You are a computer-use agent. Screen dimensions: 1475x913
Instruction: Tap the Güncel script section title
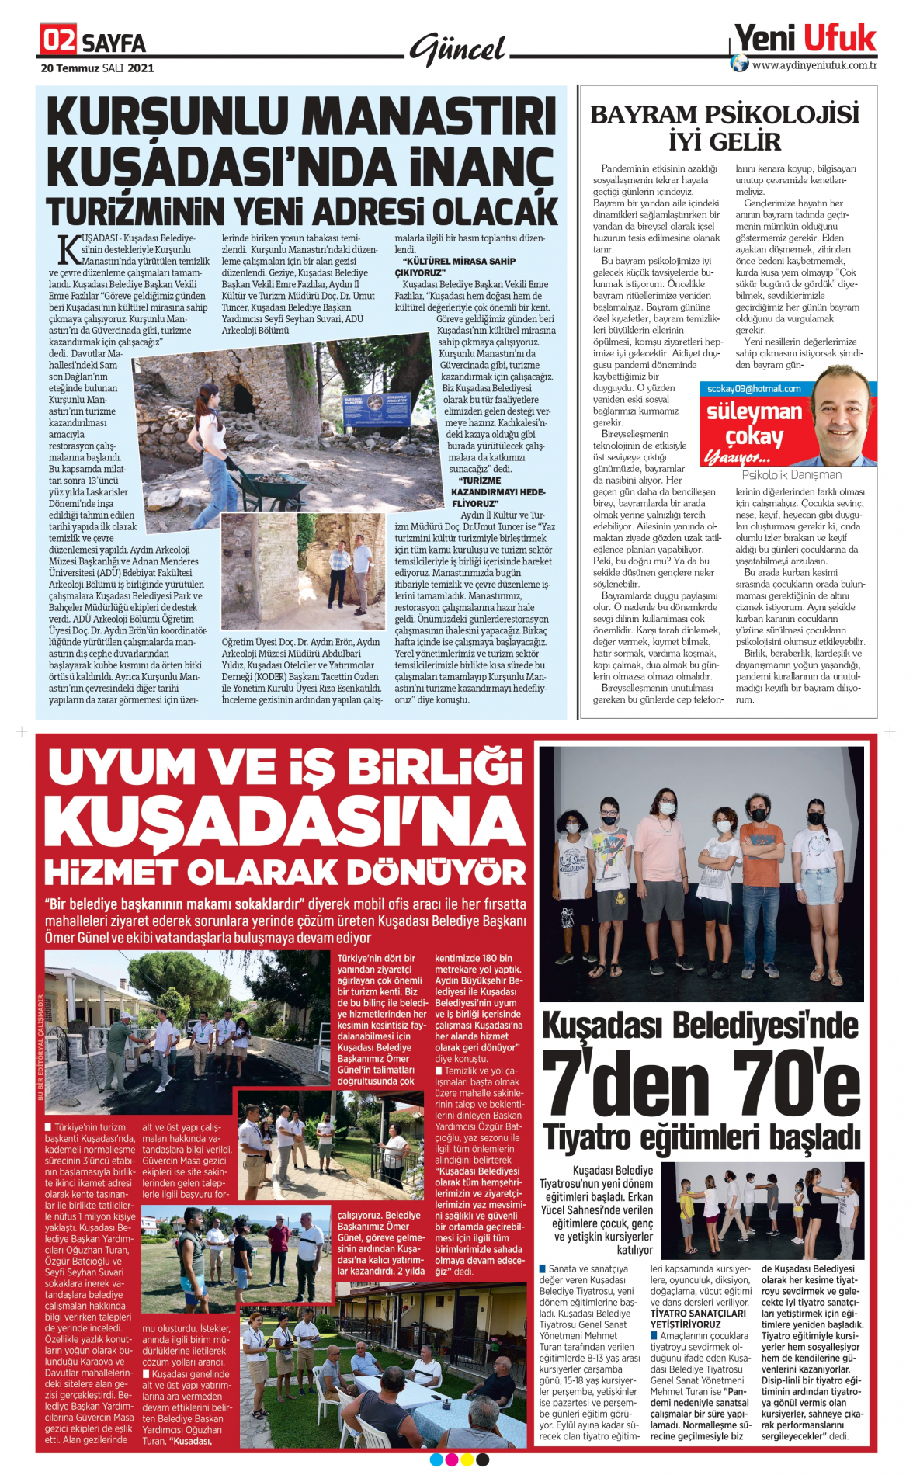coord(457,50)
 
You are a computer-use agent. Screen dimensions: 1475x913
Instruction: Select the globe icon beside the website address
coord(740,64)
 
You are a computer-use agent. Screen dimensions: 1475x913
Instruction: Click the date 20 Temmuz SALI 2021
coord(98,68)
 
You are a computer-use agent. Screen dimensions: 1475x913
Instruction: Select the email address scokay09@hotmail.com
coord(754,389)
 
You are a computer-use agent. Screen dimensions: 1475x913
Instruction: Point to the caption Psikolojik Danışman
coord(791,474)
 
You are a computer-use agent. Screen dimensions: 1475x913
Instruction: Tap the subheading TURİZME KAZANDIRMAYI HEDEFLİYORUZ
coord(498,492)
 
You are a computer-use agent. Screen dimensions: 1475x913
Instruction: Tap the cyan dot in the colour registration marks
coord(436,1460)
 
